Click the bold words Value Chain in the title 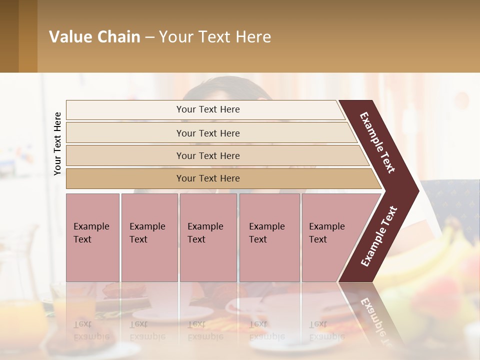[94, 37]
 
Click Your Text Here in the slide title [215, 37]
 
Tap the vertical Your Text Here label [57, 143]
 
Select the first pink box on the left [92, 237]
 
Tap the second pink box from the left [149, 237]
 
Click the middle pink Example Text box [208, 237]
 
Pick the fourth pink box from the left [269, 237]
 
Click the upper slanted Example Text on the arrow [377, 142]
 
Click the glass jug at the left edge [20, 250]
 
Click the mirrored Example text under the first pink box [91, 330]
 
